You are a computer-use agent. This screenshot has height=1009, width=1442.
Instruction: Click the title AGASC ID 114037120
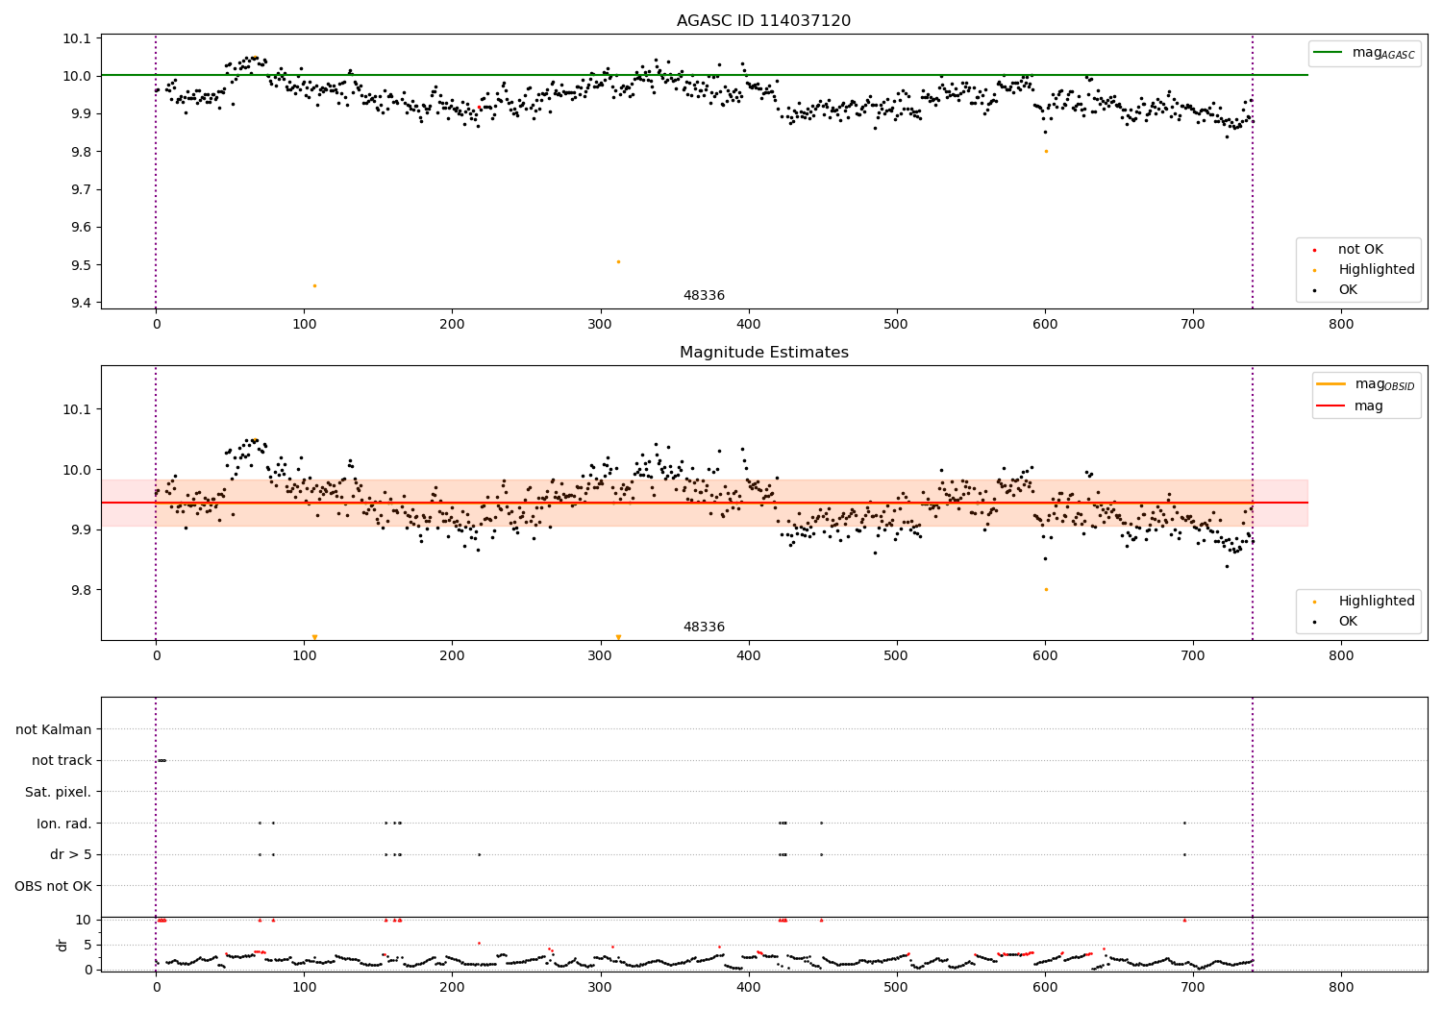pyautogui.click(x=763, y=21)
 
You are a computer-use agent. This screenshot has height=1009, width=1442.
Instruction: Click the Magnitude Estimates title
pyautogui.click(x=763, y=353)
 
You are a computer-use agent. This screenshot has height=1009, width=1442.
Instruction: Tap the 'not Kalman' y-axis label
pyautogui.click(x=53, y=729)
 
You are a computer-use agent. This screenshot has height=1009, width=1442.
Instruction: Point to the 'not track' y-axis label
pyautogui.click(x=62, y=760)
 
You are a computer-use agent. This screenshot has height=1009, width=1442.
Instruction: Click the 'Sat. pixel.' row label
pyautogui.click(x=58, y=792)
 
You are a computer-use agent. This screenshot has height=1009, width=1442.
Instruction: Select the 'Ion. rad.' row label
pyautogui.click(x=63, y=824)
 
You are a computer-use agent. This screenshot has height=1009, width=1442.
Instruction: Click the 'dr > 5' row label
pyautogui.click(x=70, y=854)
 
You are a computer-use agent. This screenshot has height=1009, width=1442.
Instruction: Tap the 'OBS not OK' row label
pyautogui.click(x=53, y=886)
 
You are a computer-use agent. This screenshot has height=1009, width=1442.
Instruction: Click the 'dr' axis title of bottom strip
pyautogui.click(x=62, y=945)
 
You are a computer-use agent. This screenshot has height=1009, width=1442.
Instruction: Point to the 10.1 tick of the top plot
pyautogui.click(x=76, y=38)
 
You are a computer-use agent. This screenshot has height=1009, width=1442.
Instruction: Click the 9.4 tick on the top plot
pyautogui.click(x=80, y=303)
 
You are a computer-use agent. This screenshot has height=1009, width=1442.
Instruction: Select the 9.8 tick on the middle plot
pyautogui.click(x=80, y=590)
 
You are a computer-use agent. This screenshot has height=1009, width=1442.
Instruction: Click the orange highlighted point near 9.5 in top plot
pyautogui.click(x=618, y=261)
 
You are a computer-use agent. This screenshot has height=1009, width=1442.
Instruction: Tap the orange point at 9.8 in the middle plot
pyautogui.click(x=1046, y=589)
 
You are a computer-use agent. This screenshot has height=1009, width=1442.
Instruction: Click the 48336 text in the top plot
pyautogui.click(x=704, y=295)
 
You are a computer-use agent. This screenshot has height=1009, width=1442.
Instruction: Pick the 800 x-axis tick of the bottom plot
pyautogui.click(x=1341, y=986)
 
